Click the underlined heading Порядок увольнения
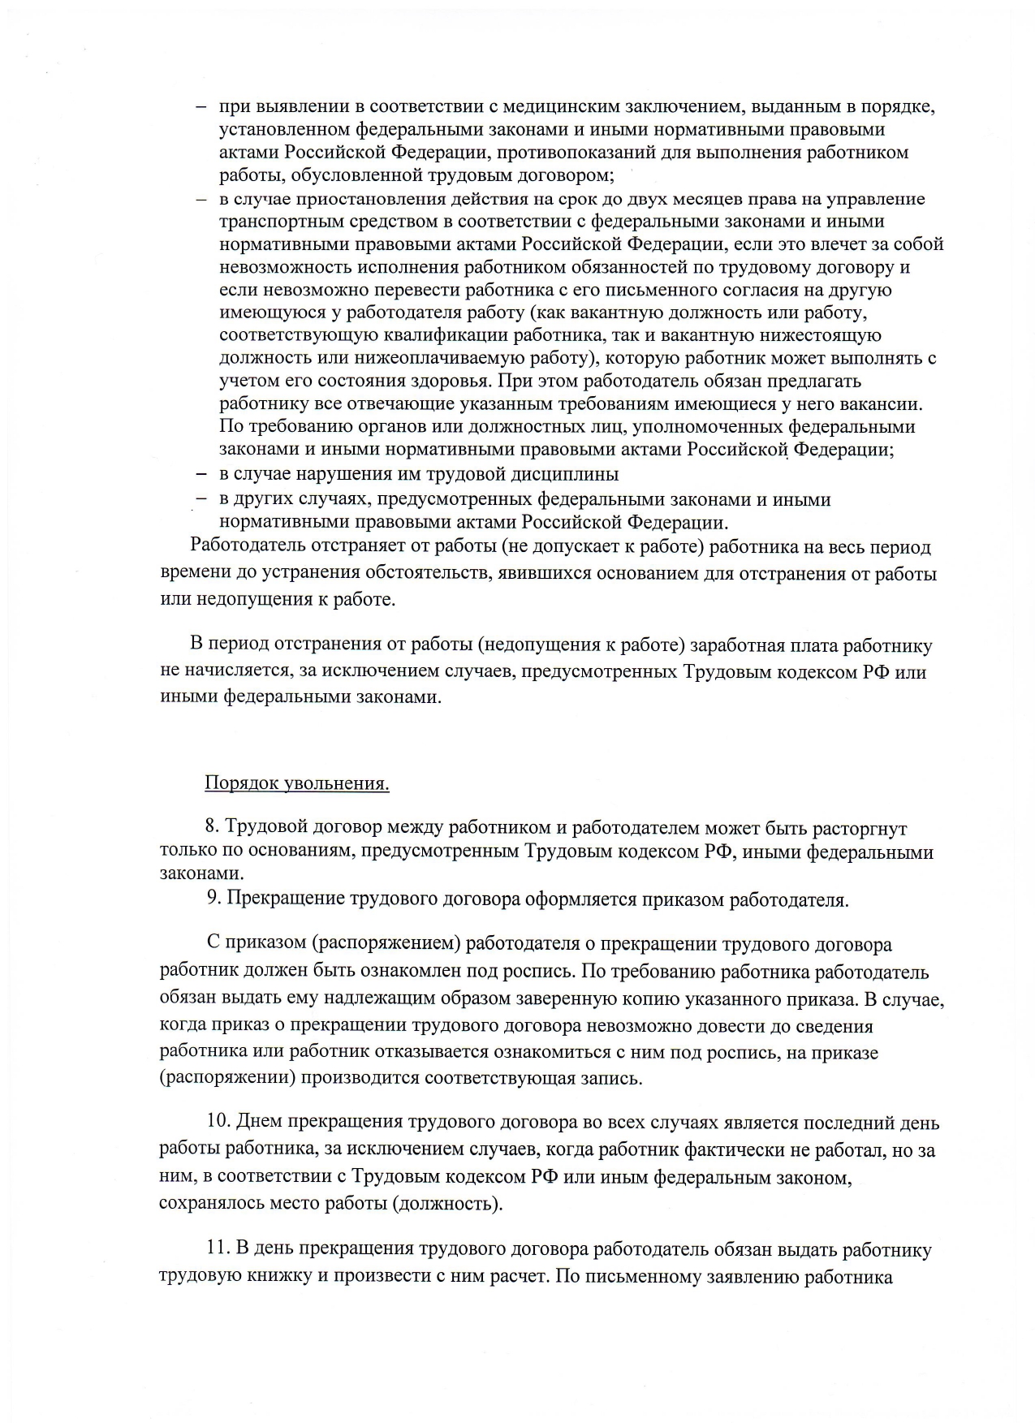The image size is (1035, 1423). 296,784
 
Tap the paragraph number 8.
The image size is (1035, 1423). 212,827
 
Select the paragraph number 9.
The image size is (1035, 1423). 213,899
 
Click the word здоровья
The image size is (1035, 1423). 448,381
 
